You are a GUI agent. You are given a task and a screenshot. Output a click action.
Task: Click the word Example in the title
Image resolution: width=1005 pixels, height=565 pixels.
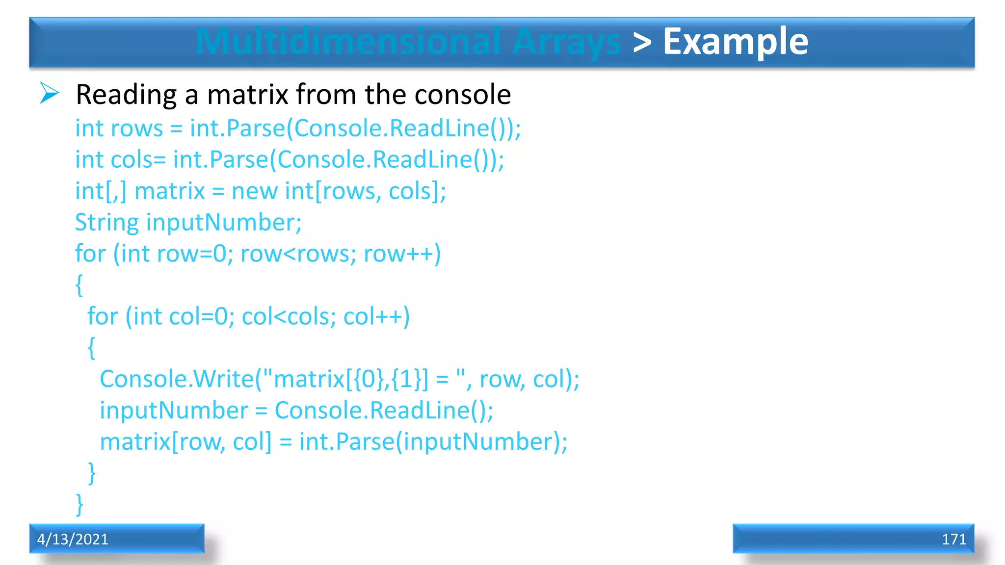735,42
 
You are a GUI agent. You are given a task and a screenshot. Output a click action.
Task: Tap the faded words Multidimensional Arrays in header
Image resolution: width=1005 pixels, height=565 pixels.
408,42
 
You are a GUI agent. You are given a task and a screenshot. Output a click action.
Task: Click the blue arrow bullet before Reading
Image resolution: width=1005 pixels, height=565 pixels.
49,93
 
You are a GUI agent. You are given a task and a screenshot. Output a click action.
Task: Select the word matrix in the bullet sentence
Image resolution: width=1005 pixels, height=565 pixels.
247,94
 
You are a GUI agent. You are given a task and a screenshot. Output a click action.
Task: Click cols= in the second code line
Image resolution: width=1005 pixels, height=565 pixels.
138,160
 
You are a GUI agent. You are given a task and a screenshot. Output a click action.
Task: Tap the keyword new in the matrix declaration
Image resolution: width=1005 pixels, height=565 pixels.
254,191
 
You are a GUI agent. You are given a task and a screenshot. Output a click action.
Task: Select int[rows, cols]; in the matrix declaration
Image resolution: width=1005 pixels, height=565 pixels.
365,191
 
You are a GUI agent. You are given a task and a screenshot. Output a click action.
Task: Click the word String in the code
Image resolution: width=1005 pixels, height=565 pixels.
107,223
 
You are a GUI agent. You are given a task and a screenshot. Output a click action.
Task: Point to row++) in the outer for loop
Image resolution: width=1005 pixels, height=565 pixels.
402,254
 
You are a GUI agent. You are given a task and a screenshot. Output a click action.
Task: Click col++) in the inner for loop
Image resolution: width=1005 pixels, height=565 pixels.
376,317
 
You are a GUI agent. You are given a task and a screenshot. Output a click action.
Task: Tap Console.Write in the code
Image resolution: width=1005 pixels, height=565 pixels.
177,379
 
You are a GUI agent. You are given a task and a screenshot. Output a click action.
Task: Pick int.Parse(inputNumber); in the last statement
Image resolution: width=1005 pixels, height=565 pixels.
433,442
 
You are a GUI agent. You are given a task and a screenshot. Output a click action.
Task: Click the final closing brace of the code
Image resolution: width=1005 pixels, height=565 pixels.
79,505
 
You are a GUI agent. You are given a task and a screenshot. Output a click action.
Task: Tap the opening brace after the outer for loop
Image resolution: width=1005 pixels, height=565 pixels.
79,285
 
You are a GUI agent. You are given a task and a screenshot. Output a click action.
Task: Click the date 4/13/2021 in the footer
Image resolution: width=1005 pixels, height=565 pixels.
73,539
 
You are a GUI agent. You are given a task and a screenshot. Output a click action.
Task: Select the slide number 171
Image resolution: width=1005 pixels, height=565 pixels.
953,539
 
